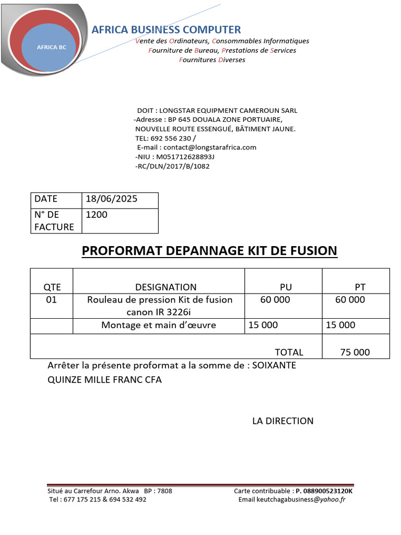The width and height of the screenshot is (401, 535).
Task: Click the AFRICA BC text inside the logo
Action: [x=52, y=47]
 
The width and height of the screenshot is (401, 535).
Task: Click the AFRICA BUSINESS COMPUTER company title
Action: [x=166, y=30]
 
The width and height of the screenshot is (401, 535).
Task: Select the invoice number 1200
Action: [x=96, y=215]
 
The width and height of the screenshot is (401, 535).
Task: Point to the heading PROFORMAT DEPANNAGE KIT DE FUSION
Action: [x=209, y=251]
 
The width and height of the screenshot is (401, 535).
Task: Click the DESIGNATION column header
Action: [x=166, y=287]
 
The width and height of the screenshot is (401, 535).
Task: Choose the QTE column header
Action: [x=52, y=287]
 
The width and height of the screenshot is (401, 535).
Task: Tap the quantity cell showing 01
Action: [x=51, y=300]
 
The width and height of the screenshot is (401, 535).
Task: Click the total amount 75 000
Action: [x=355, y=352]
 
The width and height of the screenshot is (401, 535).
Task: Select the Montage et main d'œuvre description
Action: [x=159, y=325]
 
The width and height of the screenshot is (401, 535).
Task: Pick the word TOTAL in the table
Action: [x=289, y=352]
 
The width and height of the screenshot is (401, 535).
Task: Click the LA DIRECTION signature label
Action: [x=283, y=421]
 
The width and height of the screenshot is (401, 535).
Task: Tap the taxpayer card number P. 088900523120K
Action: [x=324, y=491]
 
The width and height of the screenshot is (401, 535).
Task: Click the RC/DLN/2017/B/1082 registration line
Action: [x=172, y=166]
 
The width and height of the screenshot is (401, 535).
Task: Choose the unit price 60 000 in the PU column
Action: [x=275, y=300]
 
